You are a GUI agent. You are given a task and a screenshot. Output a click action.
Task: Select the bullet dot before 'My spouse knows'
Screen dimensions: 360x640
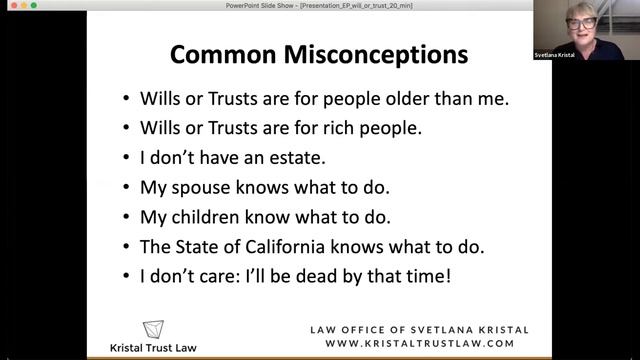tap(125, 187)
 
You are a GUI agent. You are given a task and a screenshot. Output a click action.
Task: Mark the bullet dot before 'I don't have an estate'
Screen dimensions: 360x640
tap(125, 158)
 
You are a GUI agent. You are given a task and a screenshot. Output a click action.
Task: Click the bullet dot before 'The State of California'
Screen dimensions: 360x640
tap(125, 244)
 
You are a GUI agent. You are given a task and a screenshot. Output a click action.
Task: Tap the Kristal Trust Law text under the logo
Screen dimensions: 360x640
tap(153, 348)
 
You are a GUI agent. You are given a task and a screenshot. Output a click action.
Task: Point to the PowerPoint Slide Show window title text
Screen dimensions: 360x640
tap(319, 5)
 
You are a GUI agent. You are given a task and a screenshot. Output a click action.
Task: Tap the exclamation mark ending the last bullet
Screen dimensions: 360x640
tap(447, 272)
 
